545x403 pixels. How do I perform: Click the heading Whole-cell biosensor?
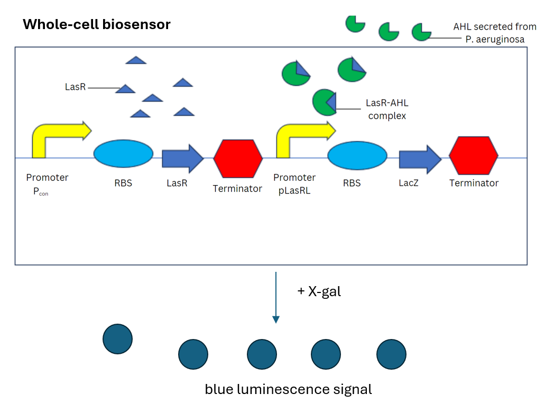point(96,24)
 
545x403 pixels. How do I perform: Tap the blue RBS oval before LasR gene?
point(123,153)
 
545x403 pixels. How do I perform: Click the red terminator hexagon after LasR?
point(238,158)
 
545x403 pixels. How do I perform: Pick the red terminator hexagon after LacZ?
point(473,155)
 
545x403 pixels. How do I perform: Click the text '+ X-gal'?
point(319,291)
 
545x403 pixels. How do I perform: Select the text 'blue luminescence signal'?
point(288,390)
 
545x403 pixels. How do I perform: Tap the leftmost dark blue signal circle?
point(117,339)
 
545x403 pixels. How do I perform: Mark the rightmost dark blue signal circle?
point(391,354)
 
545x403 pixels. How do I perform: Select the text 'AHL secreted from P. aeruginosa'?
point(494,33)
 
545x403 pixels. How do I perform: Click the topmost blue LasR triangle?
point(136,60)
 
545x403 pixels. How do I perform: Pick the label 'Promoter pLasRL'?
point(294,184)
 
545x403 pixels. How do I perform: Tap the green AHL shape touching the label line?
point(421,32)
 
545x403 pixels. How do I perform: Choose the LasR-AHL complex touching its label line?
point(323,102)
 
